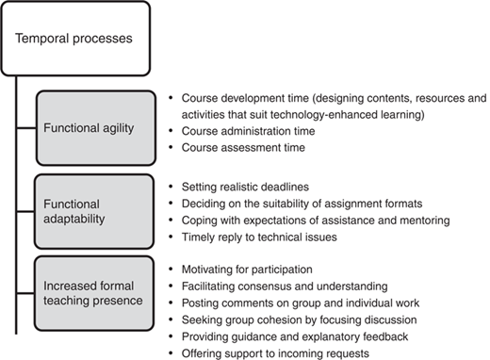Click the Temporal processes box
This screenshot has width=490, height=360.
(x=75, y=39)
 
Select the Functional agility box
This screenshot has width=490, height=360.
(x=96, y=128)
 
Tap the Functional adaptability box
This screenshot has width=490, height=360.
(x=94, y=211)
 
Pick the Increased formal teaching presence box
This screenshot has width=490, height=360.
(x=94, y=293)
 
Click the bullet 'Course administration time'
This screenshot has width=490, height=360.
(x=248, y=131)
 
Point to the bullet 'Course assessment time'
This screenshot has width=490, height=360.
(x=243, y=148)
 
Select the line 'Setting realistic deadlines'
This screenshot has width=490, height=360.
(x=245, y=188)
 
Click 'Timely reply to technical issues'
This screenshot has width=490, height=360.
(x=259, y=237)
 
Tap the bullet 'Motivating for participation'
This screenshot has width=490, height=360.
(x=247, y=270)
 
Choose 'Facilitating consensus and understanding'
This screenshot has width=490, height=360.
(x=285, y=286)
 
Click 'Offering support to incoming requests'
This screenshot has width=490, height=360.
(x=275, y=353)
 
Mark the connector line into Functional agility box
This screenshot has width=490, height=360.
(x=26, y=128)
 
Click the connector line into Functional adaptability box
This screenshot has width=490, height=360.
(x=25, y=211)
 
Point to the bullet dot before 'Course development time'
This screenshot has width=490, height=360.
(x=171, y=98)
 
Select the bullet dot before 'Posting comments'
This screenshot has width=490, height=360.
(x=171, y=303)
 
